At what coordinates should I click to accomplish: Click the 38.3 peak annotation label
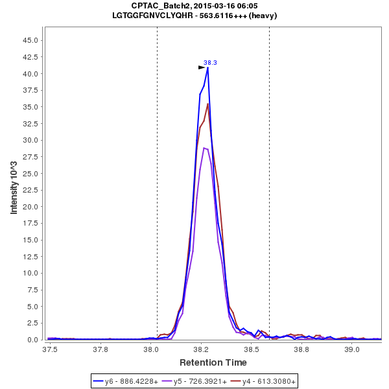210,63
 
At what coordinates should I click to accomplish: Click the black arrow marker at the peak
202,67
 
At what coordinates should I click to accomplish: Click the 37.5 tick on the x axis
49,349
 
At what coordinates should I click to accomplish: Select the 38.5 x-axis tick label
251,349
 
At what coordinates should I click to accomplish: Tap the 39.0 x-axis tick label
352,349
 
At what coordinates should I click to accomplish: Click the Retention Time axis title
213,362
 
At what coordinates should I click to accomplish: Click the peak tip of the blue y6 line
207,67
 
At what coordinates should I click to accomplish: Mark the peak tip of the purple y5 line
204,148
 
